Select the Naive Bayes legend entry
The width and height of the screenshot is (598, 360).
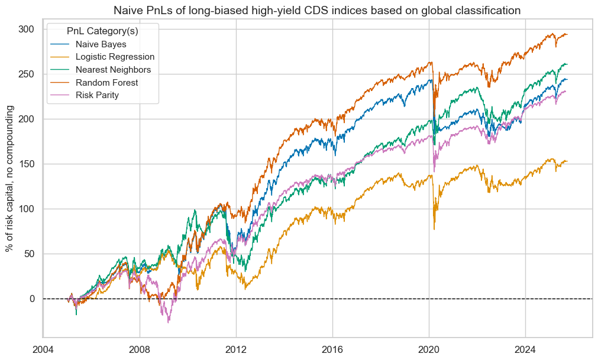point(101,44)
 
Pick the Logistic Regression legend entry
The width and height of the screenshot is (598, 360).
point(115,57)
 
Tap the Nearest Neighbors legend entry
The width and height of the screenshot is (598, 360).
point(114,70)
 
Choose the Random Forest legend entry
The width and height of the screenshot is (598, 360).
point(106,83)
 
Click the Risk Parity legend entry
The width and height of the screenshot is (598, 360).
point(101,95)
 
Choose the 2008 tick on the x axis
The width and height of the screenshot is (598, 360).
point(139,349)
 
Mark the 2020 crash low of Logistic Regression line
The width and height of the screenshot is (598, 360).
point(434,229)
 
